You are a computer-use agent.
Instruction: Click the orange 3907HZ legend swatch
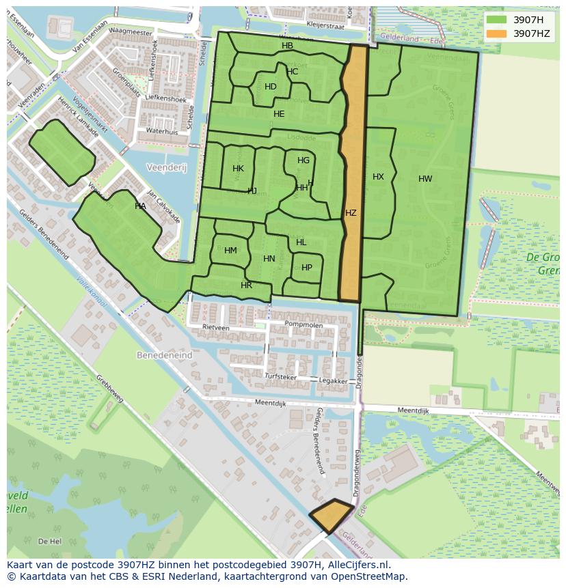[497, 33]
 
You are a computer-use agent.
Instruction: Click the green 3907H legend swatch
[497, 20]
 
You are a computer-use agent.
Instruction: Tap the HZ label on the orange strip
[351, 213]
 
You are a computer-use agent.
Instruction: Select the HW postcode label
[425, 179]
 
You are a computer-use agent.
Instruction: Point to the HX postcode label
[378, 177]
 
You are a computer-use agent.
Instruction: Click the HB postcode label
[287, 46]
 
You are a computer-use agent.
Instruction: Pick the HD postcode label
[271, 87]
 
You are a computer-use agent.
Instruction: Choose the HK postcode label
[238, 169]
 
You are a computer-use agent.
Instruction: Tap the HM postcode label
[230, 251]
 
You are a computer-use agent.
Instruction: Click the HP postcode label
[307, 268]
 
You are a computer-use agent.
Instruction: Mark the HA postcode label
[140, 206]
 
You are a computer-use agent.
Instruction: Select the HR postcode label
[246, 285]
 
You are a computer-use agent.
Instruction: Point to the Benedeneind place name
[164, 356]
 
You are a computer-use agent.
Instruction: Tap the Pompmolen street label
[304, 324]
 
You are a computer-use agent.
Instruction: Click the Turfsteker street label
[281, 376]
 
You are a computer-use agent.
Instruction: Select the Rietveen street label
[216, 328]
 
